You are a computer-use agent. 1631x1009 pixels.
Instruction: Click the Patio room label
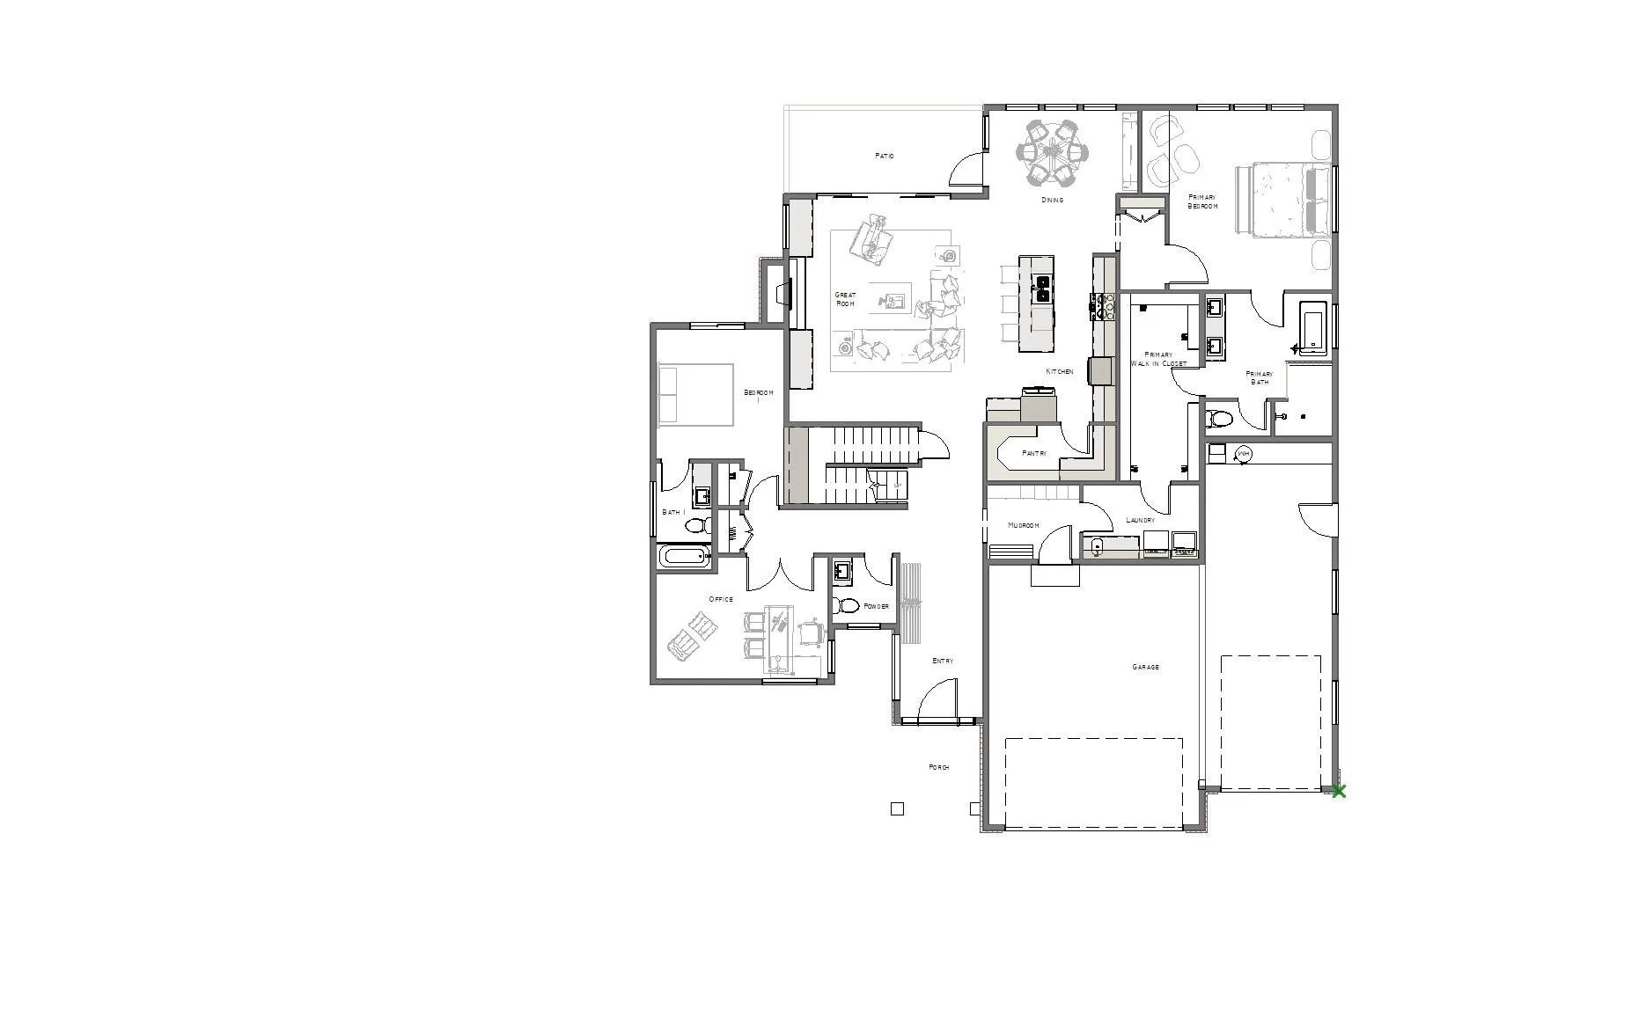point(884,156)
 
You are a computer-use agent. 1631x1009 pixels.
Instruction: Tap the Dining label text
point(1052,200)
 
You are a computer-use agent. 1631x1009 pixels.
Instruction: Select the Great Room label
point(845,299)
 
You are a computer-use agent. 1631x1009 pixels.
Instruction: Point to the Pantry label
point(1034,453)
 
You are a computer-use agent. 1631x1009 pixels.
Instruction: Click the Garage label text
point(1145,667)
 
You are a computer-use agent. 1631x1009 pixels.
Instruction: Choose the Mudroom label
point(1023,525)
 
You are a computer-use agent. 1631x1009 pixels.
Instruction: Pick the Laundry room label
point(1140,520)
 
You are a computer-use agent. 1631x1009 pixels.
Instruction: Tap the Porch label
point(939,767)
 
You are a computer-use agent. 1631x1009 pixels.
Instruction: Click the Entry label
point(943,661)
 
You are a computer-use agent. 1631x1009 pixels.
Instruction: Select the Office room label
point(721,599)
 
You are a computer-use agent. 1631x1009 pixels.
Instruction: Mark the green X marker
point(1339,792)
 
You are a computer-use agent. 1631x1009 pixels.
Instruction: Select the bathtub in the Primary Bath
point(1312,327)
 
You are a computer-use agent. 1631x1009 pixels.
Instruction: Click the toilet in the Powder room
point(847,605)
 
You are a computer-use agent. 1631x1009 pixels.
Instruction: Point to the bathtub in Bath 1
point(684,556)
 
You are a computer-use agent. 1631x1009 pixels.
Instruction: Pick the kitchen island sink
point(1041,289)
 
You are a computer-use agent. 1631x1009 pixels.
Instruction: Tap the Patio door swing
point(966,168)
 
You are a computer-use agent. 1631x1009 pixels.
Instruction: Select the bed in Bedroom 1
point(695,395)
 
